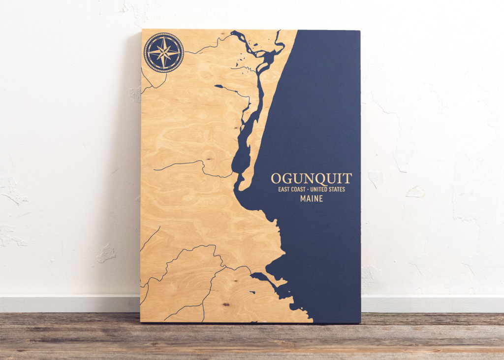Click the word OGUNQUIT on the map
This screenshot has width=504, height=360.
coord(312,178)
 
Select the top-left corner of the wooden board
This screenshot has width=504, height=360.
coord(142,30)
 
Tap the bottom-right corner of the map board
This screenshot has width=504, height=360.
coord(360,323)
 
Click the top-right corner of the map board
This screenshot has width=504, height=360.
coord(359,31)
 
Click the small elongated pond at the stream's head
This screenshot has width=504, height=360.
coord(220,86)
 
